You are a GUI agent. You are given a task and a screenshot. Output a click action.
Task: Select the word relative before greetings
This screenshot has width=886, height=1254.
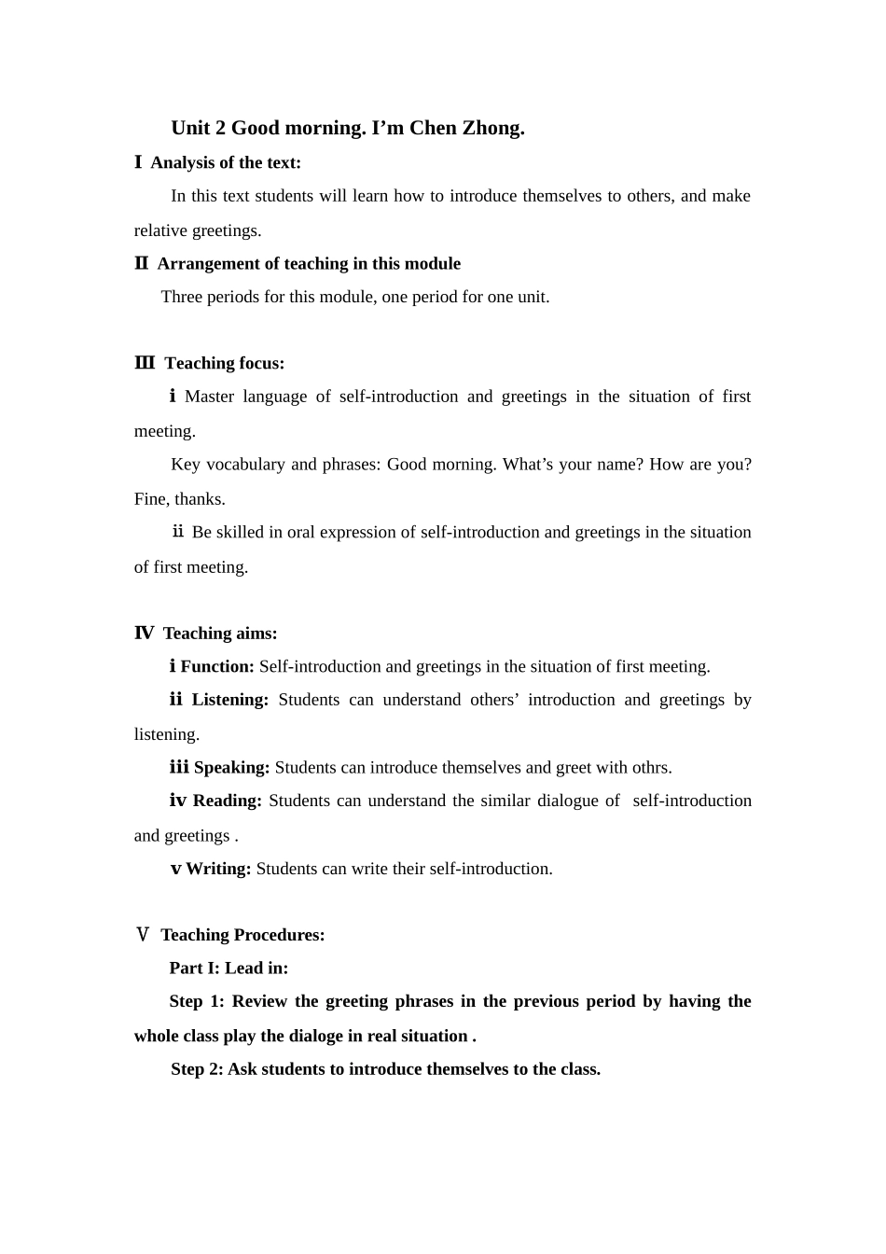(160, 230)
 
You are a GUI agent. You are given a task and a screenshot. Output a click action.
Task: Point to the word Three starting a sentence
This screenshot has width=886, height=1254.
(182, 297)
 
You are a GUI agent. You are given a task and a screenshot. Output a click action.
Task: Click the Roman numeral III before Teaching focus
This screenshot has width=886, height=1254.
(145, 363)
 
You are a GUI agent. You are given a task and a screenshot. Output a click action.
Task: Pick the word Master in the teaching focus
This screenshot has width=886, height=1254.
(209, 397)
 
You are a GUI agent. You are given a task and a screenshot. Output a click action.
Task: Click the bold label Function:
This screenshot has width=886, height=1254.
(217, 666)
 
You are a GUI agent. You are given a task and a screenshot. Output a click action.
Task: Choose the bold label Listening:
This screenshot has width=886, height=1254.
(230, 700)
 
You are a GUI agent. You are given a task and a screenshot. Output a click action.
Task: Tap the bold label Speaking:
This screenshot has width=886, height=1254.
(231, 767)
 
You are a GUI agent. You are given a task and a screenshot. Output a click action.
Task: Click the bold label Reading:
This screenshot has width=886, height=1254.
(228, 801)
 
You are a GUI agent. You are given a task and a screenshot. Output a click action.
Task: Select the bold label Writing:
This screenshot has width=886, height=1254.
(218, 869)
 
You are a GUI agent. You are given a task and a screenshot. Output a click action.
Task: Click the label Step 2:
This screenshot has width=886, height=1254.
(197, 1069)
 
